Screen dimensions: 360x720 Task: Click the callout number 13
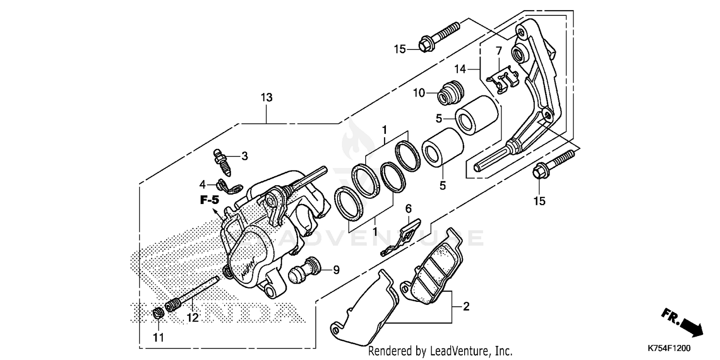pos(266,97)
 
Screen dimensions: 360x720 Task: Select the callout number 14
pos(460,69)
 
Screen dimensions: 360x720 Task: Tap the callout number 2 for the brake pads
pos(465,306)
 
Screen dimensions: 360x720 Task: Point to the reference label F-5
pos(210,200)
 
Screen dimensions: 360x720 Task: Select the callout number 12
pos(192,318)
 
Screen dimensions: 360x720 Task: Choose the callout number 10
pos(419,93)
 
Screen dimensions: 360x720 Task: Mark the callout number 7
pos(499,50)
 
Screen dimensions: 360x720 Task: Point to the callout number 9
pos(336,270)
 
